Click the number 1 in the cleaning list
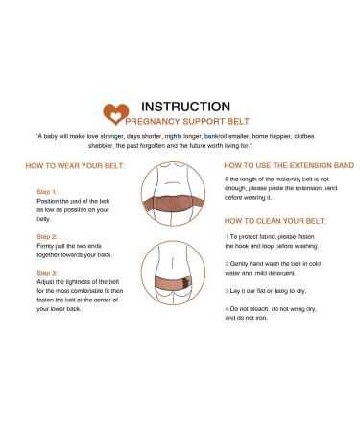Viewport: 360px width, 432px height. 226,237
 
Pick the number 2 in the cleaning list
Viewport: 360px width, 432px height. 226,262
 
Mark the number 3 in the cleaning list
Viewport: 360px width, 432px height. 226,288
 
